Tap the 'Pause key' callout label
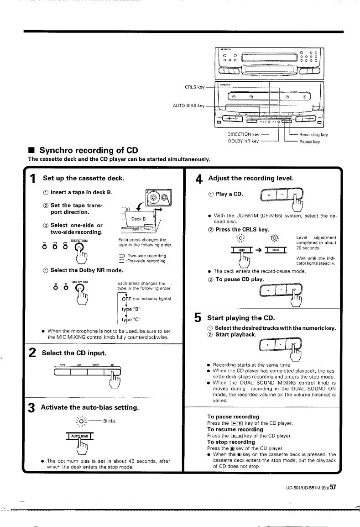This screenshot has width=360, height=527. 309,142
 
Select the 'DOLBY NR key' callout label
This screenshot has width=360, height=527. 243,142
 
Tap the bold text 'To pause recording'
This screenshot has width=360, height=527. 233,417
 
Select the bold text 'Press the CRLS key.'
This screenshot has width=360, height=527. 241,229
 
